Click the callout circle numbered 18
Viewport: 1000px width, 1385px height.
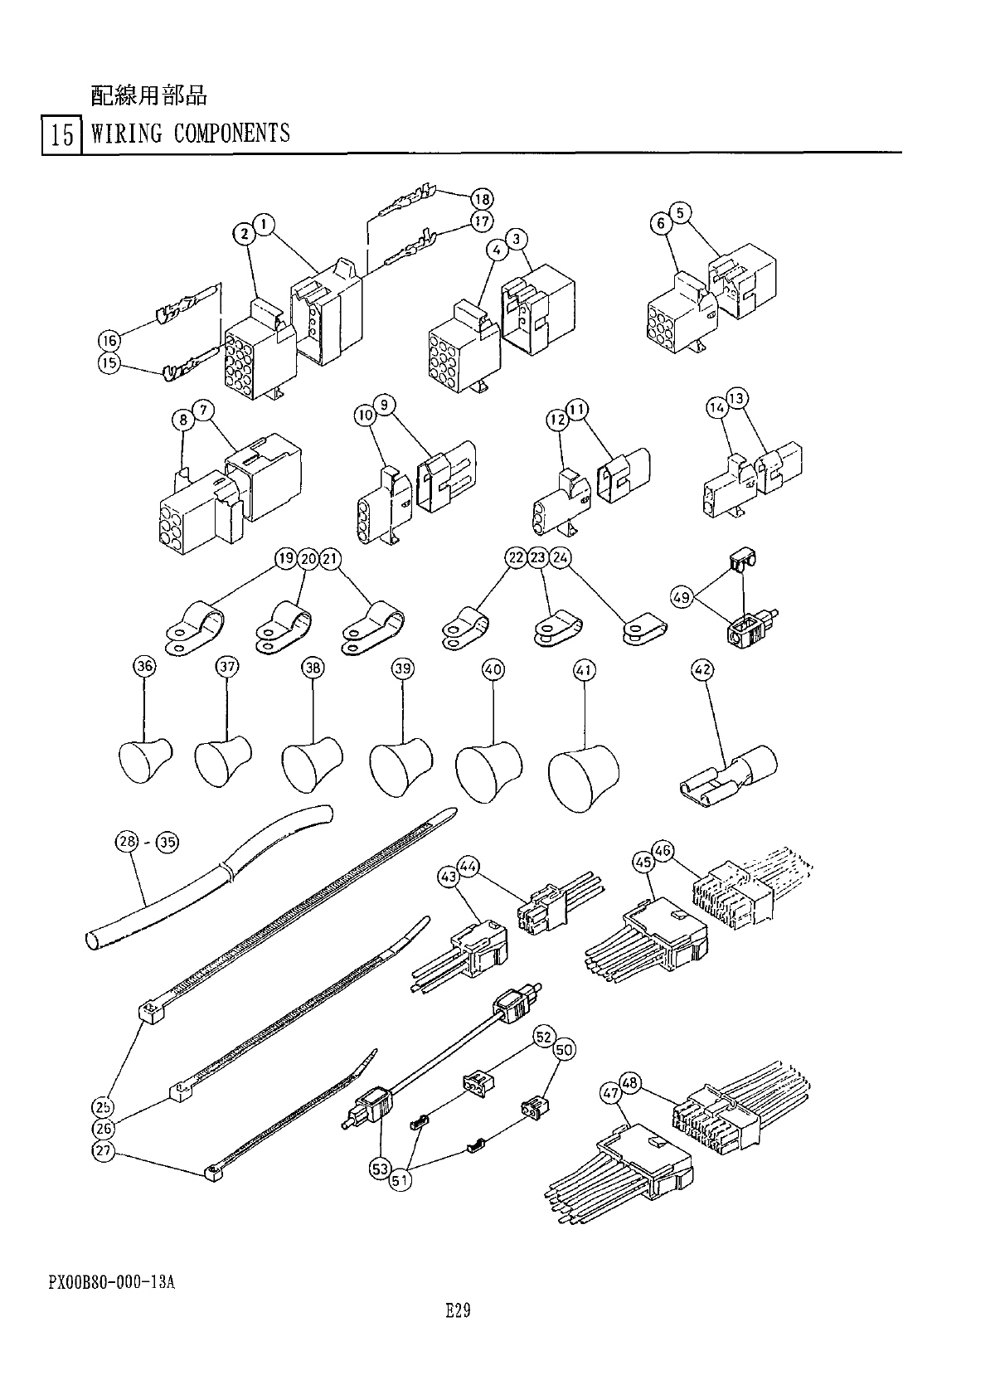tap(482, 199)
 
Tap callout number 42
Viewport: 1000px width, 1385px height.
tap(703, 668)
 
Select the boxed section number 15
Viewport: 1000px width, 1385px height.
tap(61, 134)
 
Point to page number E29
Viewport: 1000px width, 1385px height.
tap(458, 1310)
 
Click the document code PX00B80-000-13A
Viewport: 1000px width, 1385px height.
tap(111, 1281)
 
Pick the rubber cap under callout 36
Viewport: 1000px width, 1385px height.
tap(143, 760)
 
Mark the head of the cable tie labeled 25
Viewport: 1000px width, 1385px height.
tap(148, 1012)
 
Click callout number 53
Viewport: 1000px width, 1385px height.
tap(380, 1169)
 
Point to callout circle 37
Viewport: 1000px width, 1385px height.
tap(227, 668)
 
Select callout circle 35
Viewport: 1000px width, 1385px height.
tap(167, 843)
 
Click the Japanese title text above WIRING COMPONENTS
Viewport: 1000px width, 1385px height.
tap(148, 96)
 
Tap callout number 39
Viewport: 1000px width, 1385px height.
tap(403, 668)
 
